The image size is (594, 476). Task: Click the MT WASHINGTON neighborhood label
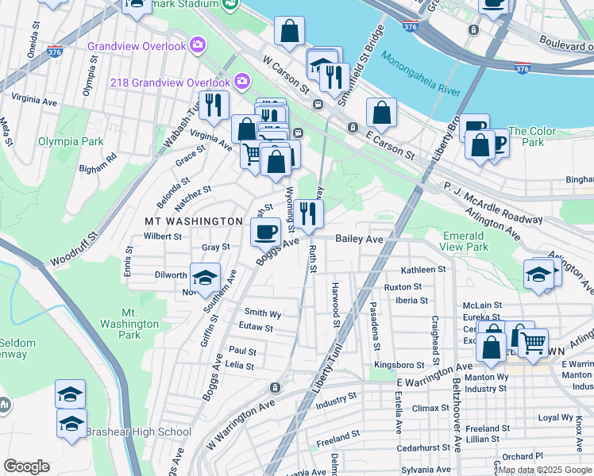pos(193,221)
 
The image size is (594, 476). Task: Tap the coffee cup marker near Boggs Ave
pos(265,231)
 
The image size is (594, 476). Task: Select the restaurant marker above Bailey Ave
pos(309,213)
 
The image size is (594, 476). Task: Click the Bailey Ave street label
pos(359,238)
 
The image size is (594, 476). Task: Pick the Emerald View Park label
pos(464,242)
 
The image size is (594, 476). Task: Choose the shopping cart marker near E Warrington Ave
pos(533,342)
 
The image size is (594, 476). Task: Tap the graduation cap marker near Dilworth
pos(205,277)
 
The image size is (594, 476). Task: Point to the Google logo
pos(26,466)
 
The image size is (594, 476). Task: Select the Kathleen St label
pos(423,270)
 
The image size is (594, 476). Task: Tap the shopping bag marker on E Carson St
pos(381,113)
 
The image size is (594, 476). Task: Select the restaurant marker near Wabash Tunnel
pos(213,104)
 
